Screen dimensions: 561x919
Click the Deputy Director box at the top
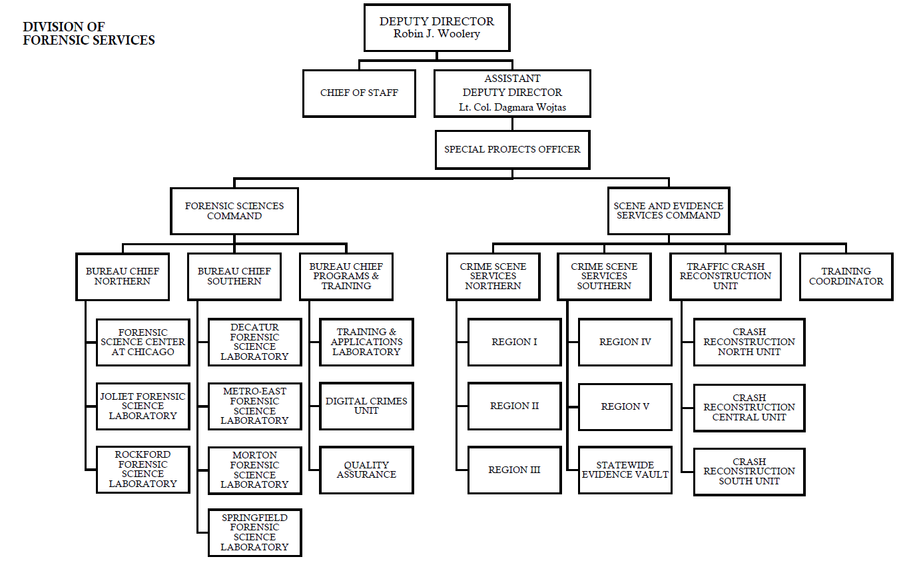[x=437, y=27]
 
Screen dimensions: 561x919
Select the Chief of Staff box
[x=359, y=93]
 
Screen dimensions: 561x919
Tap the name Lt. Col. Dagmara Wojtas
[x=512, y=107]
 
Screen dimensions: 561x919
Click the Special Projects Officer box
[x=512, y=149]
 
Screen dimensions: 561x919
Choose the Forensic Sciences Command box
[x=234, y=211]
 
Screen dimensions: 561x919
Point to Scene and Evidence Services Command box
[x=668, y=211]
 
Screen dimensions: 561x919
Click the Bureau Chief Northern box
[x=123, y=277]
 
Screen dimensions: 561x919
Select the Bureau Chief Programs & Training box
[x=346, y=277]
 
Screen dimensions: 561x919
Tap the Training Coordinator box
[x=846, y=277]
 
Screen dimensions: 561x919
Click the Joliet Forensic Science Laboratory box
[x=143, y=406]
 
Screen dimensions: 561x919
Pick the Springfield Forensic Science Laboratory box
[x=254, y=532]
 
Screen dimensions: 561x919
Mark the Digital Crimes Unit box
[x=366, y=406]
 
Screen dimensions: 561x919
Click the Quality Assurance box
[x=366, y=470]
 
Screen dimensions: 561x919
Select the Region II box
[x=514, y=406]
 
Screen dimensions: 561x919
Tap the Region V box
[x=625, y=406]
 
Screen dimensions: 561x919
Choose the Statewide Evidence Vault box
[x=625, y=470]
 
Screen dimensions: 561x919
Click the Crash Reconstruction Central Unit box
[x=749, y=407]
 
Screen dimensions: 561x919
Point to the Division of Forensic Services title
[x=89, y=34]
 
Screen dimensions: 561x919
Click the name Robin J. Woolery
[x=437, y=34]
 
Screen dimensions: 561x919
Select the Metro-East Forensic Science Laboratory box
[x=254, y=406]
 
